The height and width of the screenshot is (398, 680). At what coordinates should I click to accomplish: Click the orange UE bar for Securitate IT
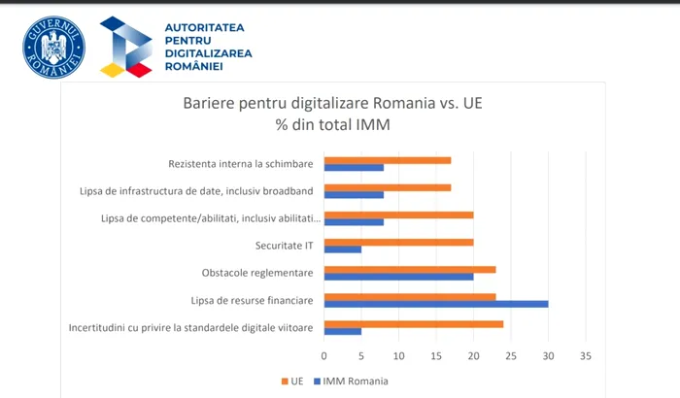398,242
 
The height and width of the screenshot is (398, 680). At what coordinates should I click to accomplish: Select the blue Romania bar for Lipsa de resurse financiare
436,304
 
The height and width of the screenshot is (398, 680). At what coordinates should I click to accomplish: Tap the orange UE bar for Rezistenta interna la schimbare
388,160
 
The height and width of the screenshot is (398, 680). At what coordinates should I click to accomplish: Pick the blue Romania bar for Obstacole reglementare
398,277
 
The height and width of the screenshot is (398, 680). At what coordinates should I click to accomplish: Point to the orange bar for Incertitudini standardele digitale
414,323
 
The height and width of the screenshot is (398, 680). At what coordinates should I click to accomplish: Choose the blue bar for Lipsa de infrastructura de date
354,194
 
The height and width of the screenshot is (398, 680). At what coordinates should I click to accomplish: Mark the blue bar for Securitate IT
343,249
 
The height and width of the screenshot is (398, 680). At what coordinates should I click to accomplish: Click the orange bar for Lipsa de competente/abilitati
398,215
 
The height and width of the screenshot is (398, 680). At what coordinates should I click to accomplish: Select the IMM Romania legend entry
349,381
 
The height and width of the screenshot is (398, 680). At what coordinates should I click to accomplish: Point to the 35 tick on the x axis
585,355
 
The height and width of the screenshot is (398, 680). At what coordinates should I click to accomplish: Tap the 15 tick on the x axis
436,355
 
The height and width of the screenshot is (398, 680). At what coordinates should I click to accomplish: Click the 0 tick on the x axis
324,355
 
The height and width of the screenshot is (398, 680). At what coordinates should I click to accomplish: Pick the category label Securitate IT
284,246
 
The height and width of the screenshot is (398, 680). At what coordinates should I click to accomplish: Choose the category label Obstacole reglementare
257,273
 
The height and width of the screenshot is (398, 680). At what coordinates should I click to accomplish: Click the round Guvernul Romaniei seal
54,48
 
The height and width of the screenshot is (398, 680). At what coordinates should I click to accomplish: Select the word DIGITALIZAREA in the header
208,53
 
